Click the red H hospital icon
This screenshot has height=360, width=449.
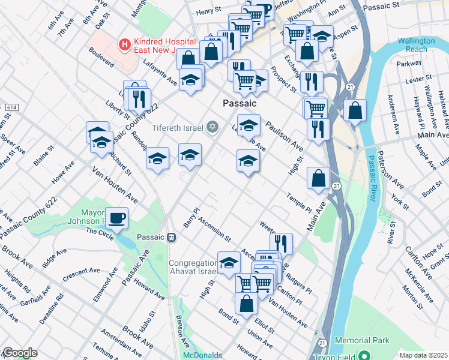coord(124,43)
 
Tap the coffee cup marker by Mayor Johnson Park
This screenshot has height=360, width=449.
coord(116,217)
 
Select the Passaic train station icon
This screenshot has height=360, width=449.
coord(171,237)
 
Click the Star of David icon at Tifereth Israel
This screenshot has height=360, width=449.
coord(211,127)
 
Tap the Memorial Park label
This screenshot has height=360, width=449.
coord(362,340)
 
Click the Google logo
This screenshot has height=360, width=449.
coord(19,353)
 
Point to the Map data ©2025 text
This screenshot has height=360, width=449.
coord(423,355)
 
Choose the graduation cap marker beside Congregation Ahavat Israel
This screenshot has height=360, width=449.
coord(229,263)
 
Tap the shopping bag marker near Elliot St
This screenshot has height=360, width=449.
coord(246,304)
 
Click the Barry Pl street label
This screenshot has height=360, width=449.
coord(191,218)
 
